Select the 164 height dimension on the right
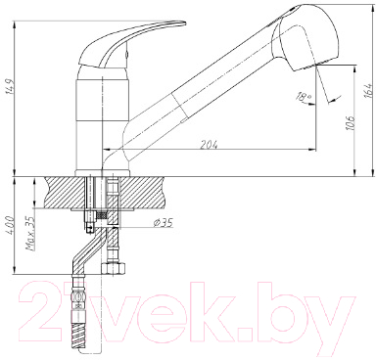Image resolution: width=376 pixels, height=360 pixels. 366,91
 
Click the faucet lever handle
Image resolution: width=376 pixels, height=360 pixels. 137,38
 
